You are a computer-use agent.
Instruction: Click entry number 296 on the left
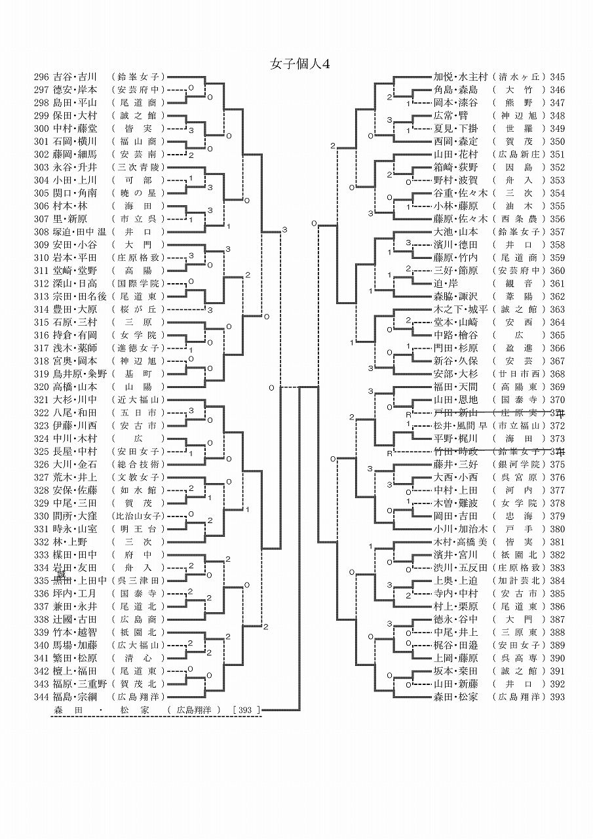[42, 77]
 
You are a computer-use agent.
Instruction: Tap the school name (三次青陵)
[138, 167]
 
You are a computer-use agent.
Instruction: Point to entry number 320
[42, 387]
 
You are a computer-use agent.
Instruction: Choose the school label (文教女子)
[138, 477]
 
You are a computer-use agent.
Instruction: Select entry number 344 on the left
[42, 696]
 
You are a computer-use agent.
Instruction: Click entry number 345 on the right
[558, 77]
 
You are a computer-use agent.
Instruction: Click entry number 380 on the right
[558, 529]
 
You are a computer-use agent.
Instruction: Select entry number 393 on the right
[558, 697]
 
